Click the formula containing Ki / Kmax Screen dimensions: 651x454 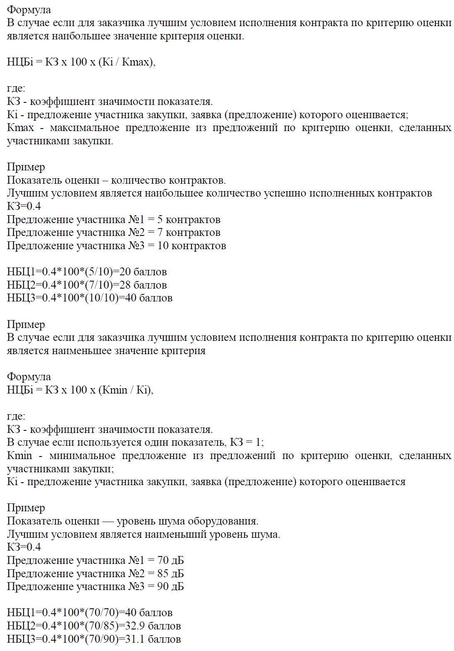click(81, 62)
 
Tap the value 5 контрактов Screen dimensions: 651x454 click(189, 220)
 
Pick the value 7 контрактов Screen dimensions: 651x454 click(189, 233)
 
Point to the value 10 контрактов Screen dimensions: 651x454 click(192, 246)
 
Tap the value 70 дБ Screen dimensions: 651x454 click(170, 561)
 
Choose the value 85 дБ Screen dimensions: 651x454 click(170, 574)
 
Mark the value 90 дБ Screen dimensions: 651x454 click(170, 587)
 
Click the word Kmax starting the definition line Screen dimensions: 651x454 click(20, 128)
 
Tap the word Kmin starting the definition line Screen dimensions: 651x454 click(19, 456)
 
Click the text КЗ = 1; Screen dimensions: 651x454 click(247, 442)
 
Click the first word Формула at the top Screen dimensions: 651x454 click(29, 10)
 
